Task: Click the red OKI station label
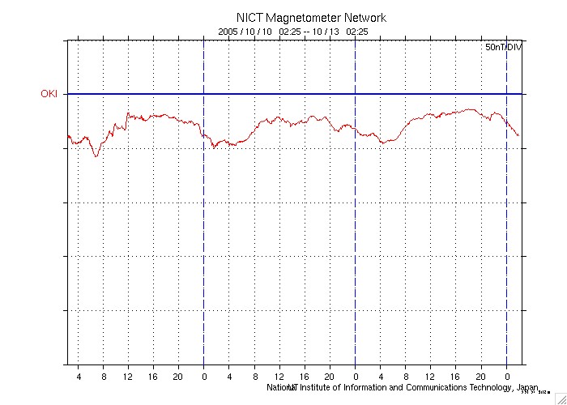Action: coord(49,94)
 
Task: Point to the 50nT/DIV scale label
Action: coord(503,49)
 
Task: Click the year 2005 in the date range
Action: coord(229,31)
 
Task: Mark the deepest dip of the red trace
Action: coord(96,156)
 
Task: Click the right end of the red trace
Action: coord(518,135)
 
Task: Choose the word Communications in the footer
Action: coord(422,387)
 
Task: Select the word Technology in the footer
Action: coord(486,387)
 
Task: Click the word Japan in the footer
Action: coord(526,387)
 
